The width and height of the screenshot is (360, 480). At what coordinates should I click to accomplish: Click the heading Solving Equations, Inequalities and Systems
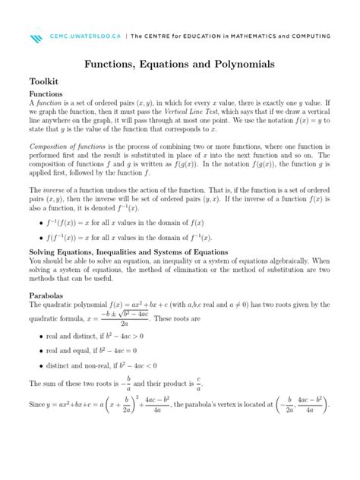[128, 251]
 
